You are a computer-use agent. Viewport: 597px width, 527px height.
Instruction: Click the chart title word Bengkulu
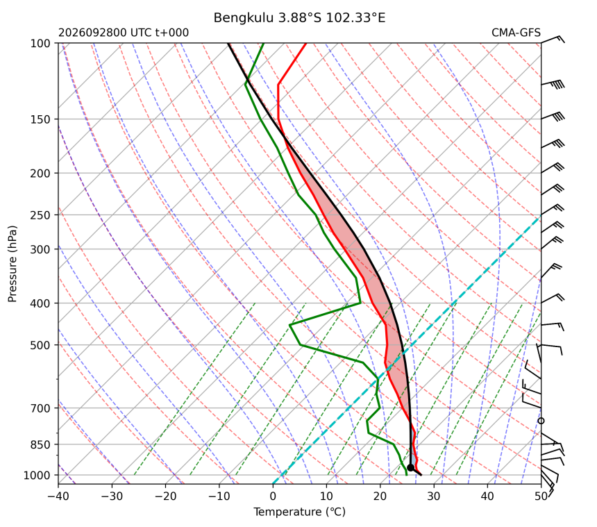coord(243,18)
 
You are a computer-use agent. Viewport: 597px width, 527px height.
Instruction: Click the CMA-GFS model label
coord(516,33)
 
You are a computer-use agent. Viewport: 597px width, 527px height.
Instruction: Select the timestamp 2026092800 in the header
coord(92,33)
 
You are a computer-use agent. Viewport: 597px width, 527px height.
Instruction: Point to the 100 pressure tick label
coord(40,44)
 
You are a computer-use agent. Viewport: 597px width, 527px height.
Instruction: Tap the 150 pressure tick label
coord(40,119)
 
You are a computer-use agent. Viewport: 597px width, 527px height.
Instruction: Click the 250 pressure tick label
coord(40,215)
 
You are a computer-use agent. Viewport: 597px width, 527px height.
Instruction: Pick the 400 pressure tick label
coord(40,303)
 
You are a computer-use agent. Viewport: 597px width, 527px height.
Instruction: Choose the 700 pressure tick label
coord(40,408)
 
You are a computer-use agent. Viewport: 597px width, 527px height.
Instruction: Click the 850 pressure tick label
coord(40,445)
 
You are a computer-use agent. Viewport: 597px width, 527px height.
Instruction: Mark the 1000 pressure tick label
coord(37,475)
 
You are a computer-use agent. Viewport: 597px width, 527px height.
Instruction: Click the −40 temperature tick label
coord(58,496)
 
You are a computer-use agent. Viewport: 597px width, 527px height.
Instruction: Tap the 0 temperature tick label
coord(273,496)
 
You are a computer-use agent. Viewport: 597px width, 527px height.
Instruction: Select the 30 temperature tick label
coord(434,496)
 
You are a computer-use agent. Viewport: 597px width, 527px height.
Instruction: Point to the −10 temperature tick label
coord(219,496)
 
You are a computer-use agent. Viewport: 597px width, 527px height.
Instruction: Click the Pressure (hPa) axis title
coord(12,264)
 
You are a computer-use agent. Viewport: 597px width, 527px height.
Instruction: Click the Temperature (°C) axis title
coord(300,512)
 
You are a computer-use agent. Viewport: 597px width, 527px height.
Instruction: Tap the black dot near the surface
coord(410,467)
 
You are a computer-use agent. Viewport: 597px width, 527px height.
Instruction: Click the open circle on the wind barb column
coord(541,421)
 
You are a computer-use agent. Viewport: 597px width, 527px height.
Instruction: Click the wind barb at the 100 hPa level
coord(553,39)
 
